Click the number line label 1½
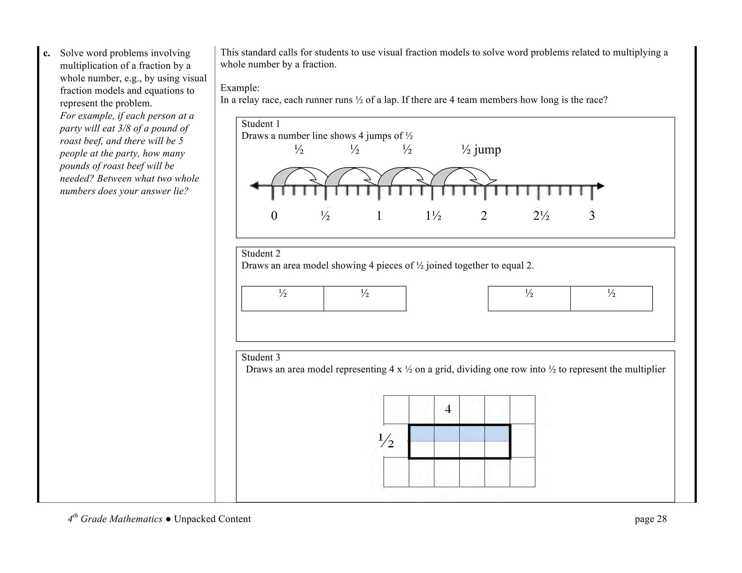coord(433,216)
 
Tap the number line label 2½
coord(541,216)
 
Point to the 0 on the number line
coord(274,216)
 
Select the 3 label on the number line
coord(592,216)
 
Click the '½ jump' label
coord(481,150)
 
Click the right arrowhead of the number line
coord(601,186)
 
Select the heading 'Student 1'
coord(260,124)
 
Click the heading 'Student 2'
coord(260,254)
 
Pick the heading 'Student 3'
coord(260,357)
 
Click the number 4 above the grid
coord(448,409)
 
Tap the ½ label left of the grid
coord(386,440)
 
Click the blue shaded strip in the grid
coord(459,434)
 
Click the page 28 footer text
coord(650,519)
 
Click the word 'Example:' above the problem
coord(240,88)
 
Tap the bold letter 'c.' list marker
coord(46,53)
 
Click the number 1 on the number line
coord(379,216)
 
